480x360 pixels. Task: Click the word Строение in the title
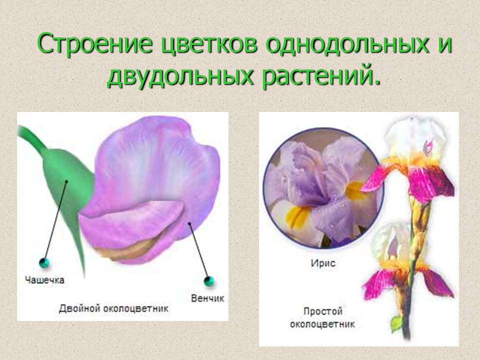click(x=94, y=43)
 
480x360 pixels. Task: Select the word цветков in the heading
click(x=209, y=44)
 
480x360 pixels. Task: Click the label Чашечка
click(x=44, y=280)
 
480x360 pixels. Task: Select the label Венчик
click(x=207, y=298)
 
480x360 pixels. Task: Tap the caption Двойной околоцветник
click(x=113, y=308)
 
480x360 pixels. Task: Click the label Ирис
click(x=323, y=263)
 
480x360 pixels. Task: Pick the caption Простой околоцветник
click(x=322, y=318)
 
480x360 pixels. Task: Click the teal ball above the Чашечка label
click(x=44, y=262)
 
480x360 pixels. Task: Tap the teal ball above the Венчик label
click(x=209, y=280)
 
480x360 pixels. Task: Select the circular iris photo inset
click(x=323, y=188)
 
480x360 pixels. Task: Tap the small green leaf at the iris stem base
click(x=396, y=323)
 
